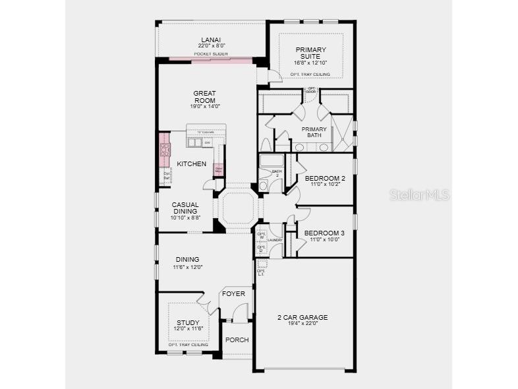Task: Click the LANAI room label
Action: tap(211, 39)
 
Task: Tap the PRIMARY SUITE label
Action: tap(310, 53)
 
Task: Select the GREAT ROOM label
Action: tap(205, 97)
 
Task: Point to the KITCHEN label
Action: tap(192, 164)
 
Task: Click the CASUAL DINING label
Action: tap(185, 208)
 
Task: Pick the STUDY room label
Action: tap(187, 323)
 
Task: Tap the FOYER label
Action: tap(233, 293)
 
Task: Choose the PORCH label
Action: tap(237, 340)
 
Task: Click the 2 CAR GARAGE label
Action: tap(302, 317)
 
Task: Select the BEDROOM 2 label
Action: tap(325, 178)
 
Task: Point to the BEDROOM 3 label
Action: tap(324, 233)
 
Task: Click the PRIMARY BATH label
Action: tap(314, 133)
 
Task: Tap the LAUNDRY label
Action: tap(275, 240)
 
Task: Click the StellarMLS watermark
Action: tap(419, 194)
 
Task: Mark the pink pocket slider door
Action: tap(211, 60)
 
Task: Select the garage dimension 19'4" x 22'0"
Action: tap(302, 324)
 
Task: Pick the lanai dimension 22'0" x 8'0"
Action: tap(211, 45)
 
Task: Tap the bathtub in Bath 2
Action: tap(272, 162)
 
